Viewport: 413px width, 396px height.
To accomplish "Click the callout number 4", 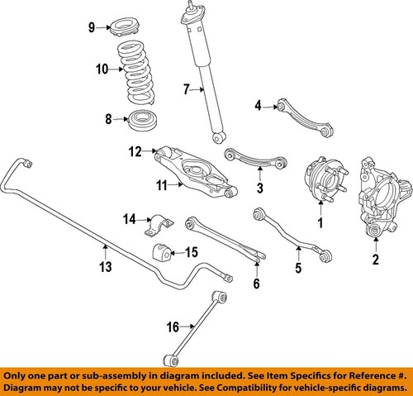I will (258, 105).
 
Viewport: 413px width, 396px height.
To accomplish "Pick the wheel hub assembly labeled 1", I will (323, 186).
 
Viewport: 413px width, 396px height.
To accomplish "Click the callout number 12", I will (135, 150).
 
